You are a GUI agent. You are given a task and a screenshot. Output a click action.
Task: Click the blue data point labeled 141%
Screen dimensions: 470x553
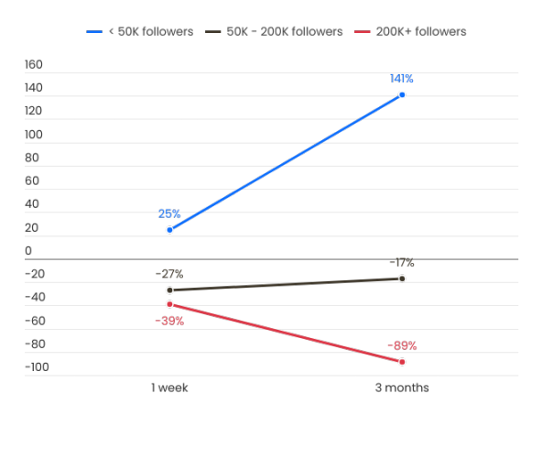point(402,95)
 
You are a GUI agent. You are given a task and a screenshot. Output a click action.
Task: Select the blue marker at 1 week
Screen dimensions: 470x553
point(169,230)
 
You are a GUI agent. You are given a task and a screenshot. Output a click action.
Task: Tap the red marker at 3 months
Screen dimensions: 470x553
point(402,362)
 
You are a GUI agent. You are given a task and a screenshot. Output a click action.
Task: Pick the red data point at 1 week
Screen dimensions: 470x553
point(169,304)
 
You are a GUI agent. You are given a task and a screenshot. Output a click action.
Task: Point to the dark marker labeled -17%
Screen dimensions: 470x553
point(402,279)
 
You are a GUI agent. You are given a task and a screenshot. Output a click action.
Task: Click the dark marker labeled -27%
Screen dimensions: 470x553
point(169,290)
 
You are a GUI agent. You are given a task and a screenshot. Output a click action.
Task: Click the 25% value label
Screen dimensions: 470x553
point(169,213)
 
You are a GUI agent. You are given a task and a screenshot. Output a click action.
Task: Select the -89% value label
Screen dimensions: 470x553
point(402,346)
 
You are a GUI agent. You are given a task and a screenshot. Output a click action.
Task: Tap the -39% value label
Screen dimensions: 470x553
point(169,321)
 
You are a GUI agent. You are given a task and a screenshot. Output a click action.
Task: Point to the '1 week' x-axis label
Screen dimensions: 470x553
point(170,388)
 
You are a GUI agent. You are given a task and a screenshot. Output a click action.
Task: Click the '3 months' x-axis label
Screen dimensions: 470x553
point(402,388)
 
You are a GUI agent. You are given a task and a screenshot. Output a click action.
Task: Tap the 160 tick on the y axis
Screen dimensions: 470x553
point(34,65)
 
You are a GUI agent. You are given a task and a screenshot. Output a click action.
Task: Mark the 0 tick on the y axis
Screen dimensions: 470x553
point(28,251)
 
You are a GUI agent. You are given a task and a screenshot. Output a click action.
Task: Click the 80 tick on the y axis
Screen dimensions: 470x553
point(32,158)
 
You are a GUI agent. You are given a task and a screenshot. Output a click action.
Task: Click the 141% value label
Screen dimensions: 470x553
point(402,79)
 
